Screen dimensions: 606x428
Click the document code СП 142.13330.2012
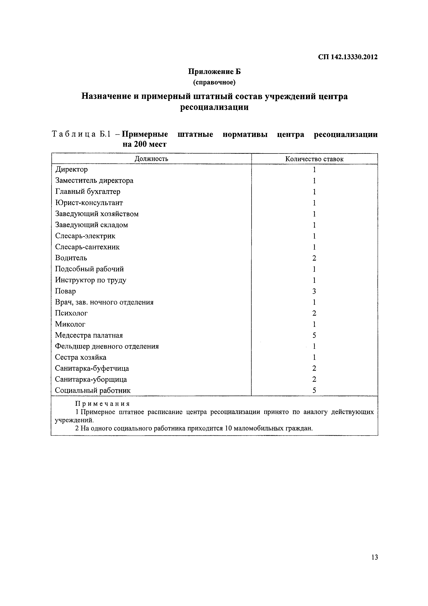tap(348, 57)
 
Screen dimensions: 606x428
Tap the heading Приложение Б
tap(214, 72)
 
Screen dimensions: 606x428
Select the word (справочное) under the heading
tap(214, 83)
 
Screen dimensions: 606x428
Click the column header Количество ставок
tap(314, 159)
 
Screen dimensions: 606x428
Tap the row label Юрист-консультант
tap(89, 203)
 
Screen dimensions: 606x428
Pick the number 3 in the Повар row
tap(314, 291)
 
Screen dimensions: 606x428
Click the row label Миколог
tap(70, 324)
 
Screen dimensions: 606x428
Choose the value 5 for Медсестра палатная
tap(314, 335)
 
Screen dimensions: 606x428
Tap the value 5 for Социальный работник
tap(314, 390)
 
